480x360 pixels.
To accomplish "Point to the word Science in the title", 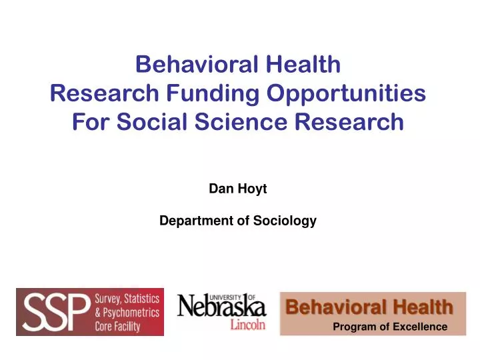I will click(240, 122).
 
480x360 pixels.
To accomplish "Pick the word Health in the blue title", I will click(305, 65).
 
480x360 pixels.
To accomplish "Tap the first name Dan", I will click(219, 189).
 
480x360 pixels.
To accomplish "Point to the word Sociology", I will click(285, 221).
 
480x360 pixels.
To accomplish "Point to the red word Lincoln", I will click(248, 325).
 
